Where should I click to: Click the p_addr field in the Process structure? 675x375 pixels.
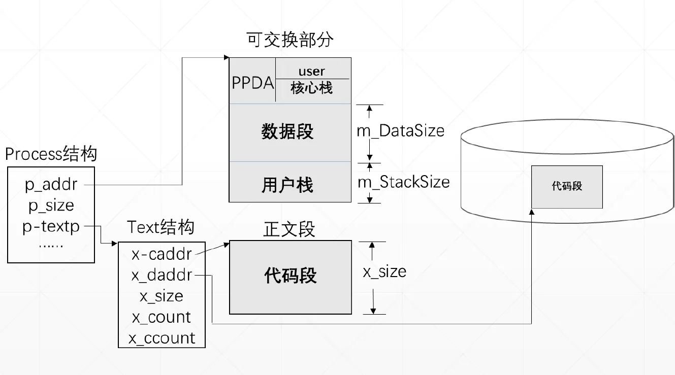[51, 185]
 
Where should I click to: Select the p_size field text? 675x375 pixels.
[51, 206]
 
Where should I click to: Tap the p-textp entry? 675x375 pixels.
[51, 226]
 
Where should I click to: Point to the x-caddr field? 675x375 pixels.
[162, 253]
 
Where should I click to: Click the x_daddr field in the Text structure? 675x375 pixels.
[162, 275]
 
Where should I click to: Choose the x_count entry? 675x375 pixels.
[162, 317]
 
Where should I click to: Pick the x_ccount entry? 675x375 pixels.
[162, 338]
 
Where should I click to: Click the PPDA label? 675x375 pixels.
[252, 83]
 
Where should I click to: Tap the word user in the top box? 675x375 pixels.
[312, 72]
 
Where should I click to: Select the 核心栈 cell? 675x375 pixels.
[312, 88]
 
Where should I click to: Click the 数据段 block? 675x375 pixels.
[288, 132]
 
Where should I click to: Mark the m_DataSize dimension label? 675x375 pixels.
[401, 131]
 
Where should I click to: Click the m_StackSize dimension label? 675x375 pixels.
[404, 182]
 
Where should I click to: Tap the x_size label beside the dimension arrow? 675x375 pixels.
[384, 271]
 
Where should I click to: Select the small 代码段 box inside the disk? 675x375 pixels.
[567, 186]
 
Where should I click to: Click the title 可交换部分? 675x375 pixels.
[290, 40]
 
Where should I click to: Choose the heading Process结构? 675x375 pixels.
[51, 154]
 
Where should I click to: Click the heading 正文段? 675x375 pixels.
[290, 229]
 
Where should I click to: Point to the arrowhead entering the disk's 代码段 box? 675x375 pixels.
[531, 212]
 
